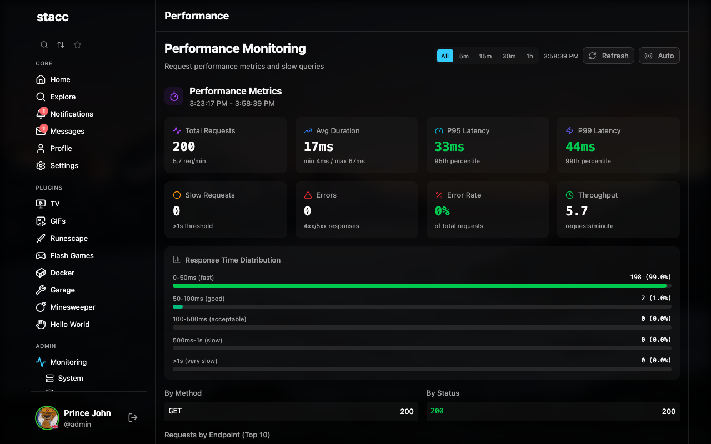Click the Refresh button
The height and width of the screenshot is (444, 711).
click(x=608, y=56)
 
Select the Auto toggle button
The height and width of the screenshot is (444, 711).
click(x=659, y=56)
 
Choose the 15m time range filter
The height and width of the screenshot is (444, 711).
click(x=485, y=56)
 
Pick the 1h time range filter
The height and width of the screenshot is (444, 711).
click(x=529, y=56)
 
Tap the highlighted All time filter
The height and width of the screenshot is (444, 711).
click(x=445, y=56)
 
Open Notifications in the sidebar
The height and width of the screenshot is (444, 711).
click(x=71, y=114)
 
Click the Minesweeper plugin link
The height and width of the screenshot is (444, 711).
click(x=72, y=307)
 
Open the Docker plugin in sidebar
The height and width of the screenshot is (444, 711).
click(x=62, y=273)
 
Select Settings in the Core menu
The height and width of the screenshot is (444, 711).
click(x=64, y=165)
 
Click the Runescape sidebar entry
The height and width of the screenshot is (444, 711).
click(x=69, y=238)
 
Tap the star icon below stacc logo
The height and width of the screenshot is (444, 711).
click(x=78, y=45)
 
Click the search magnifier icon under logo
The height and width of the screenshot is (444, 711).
click(x=44, y=45)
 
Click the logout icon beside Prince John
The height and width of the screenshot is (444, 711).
click(x=133, y=417)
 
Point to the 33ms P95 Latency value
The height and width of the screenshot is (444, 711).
click(x=449, y=147)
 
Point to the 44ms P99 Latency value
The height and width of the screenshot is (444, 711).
click(x=580, y=147)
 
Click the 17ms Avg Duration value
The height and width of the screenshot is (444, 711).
click(x=318, y=147)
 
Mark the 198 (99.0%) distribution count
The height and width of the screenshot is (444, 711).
click(x=650, y=277)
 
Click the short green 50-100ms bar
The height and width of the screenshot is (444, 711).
click(x=178, y=306)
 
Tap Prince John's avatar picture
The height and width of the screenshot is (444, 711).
click(x=47, y=418)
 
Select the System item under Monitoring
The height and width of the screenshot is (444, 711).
click(x=71, y=378)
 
